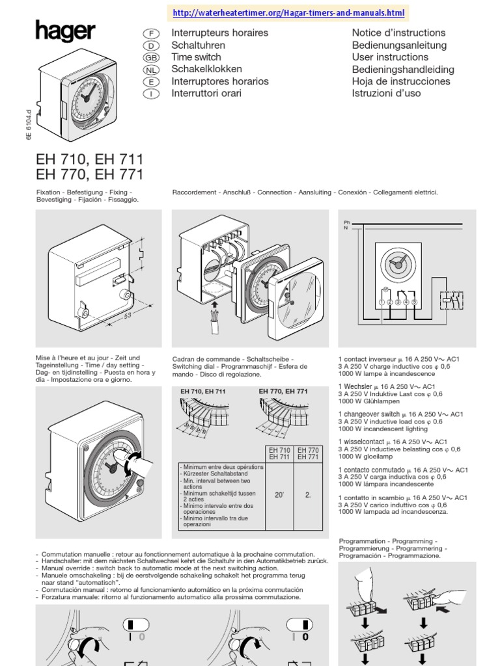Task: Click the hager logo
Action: pos(65,31)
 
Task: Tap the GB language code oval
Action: pos(150,58)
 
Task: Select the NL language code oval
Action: pos(150,70)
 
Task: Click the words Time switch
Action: pos(196,57)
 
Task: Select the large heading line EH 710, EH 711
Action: pos(90,159)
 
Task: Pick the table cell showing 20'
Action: pos(279,495)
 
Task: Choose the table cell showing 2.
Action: pos(308,495)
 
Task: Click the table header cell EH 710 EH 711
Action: pos(279,453)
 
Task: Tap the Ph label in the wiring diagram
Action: pos(347,222)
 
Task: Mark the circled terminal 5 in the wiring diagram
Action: pos(413,302)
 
